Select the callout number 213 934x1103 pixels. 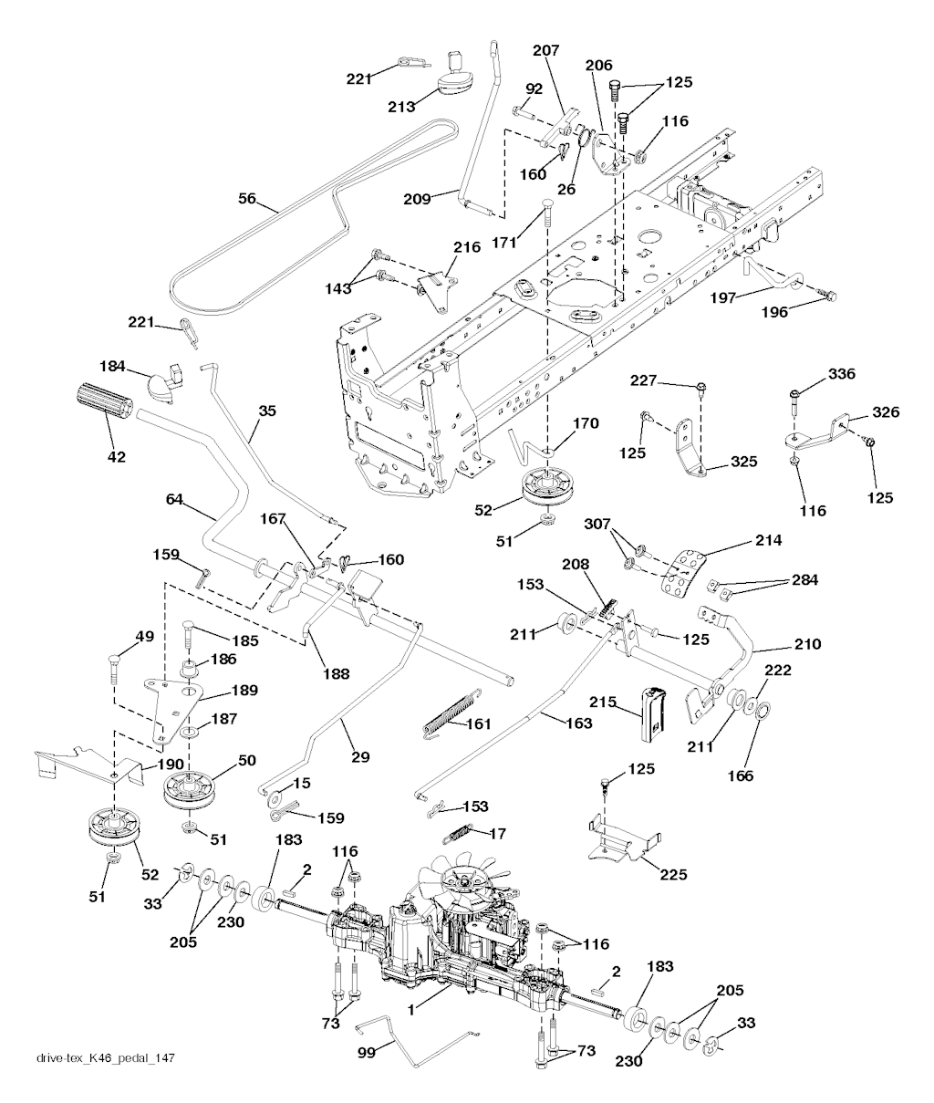click(x=402, y=105)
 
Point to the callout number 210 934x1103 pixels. click(x=807, y=645)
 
